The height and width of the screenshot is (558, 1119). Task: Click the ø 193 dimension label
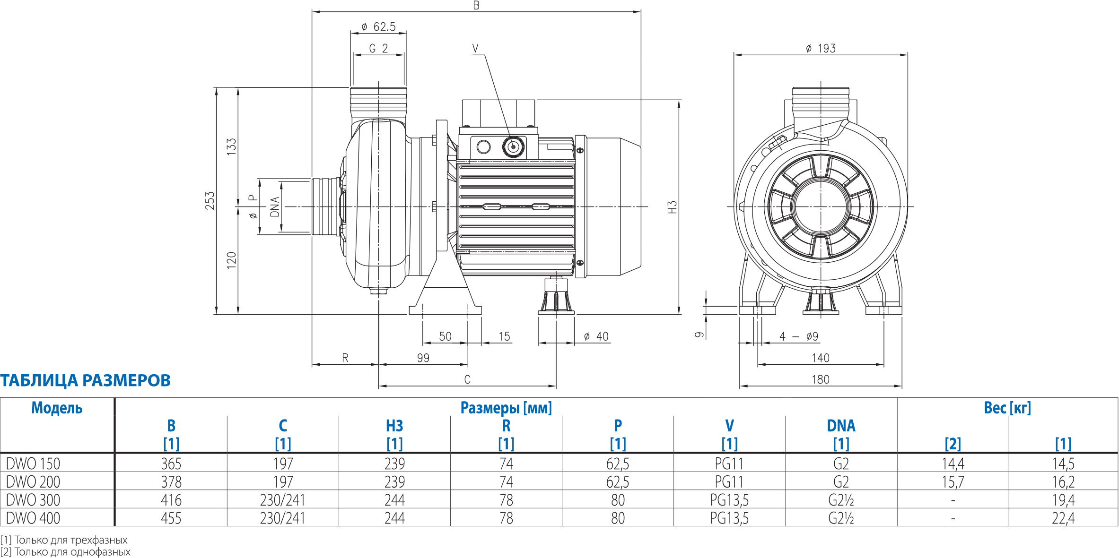821,48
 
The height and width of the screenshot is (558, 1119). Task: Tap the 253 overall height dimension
210,200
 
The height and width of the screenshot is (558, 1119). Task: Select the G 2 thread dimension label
378,49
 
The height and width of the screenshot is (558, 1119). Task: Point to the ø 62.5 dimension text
378,27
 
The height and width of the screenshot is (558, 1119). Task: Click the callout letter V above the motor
475,48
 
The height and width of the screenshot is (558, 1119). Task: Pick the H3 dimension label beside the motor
672,207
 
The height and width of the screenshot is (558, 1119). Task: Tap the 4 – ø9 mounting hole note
799,336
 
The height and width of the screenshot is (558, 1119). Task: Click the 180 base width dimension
821,379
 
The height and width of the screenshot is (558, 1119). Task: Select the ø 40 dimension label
596,336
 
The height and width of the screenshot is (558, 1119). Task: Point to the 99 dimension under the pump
423,358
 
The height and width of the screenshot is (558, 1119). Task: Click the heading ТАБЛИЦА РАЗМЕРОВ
86,380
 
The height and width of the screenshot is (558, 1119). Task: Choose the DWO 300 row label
33,500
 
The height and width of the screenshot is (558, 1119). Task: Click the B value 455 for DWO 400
171,518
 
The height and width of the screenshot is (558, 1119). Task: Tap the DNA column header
841,426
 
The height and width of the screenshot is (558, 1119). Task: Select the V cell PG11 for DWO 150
729,464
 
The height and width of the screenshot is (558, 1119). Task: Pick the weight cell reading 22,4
1063,518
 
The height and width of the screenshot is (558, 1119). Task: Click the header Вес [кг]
1007,408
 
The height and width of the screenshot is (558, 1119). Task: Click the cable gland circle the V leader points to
513,146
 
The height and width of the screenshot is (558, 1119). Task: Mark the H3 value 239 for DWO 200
394,482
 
